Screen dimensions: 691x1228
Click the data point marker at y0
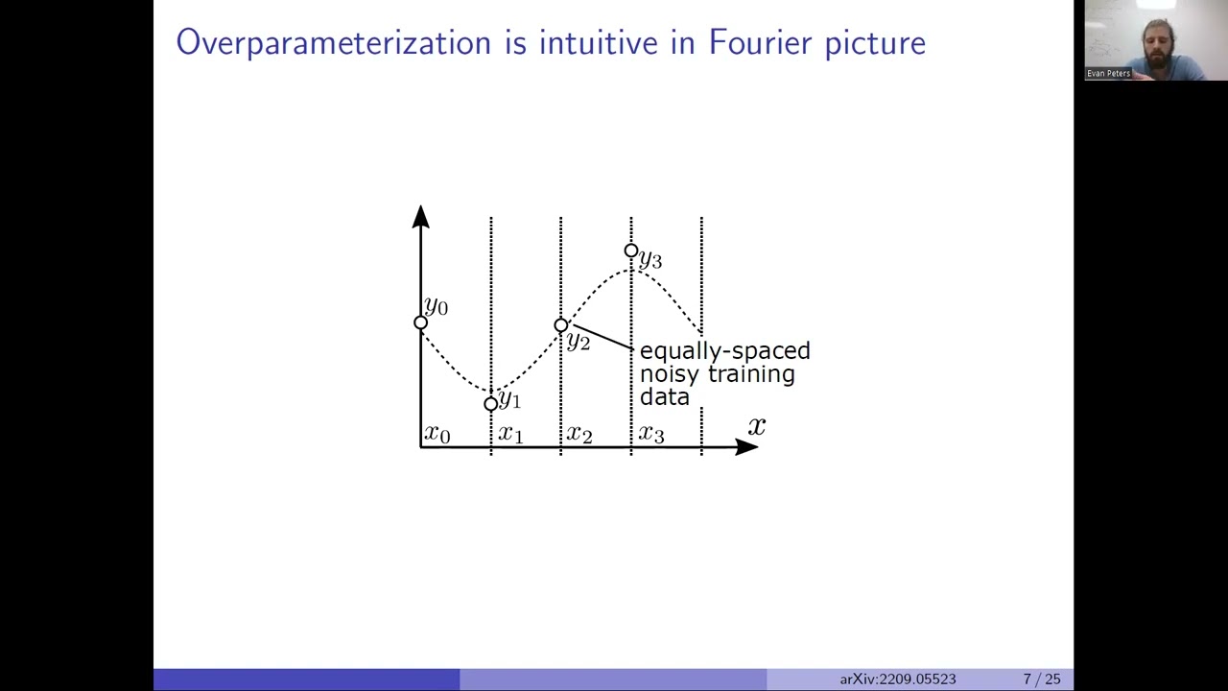420,322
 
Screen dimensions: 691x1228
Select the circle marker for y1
491,404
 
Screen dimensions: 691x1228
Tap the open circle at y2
561,325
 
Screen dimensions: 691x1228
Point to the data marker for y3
630,250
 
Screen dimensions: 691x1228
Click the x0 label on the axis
437,434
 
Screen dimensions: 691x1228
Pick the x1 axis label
510,434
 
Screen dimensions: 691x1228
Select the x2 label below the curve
579,434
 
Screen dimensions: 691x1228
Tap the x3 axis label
651,434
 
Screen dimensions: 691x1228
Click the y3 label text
650,258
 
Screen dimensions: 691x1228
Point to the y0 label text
437,306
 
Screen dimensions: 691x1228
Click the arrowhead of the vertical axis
420,217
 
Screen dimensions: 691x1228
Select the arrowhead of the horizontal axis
746,446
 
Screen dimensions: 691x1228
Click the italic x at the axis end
757,425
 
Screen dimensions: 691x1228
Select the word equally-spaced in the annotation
724,350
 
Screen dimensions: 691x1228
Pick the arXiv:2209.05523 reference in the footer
898,679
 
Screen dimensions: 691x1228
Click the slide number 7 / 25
1042,679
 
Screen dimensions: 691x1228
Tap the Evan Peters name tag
1108,73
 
